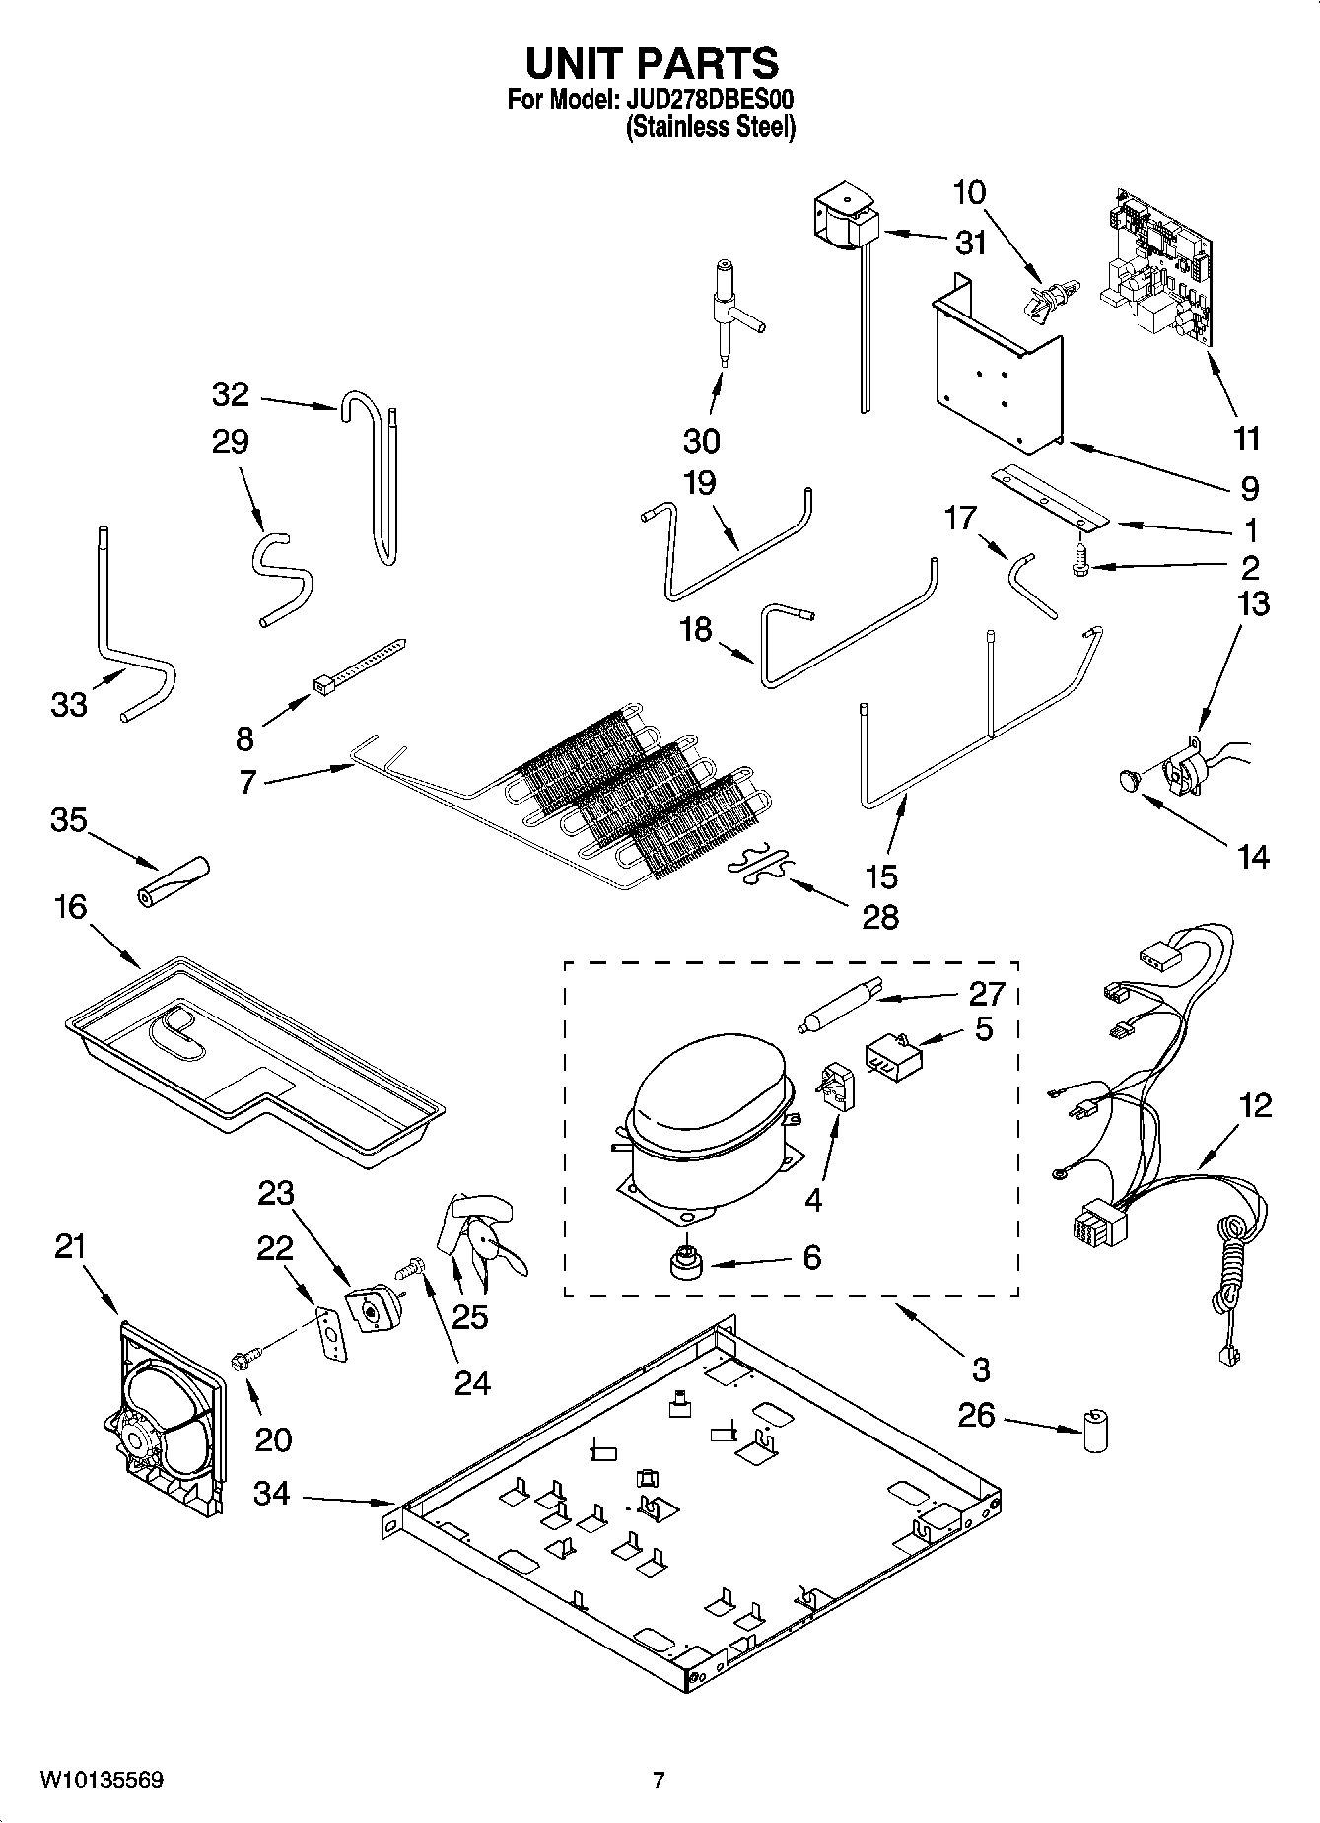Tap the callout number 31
coord(971,243)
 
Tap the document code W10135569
coord(102,1780)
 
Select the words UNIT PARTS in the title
coord(652,62)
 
